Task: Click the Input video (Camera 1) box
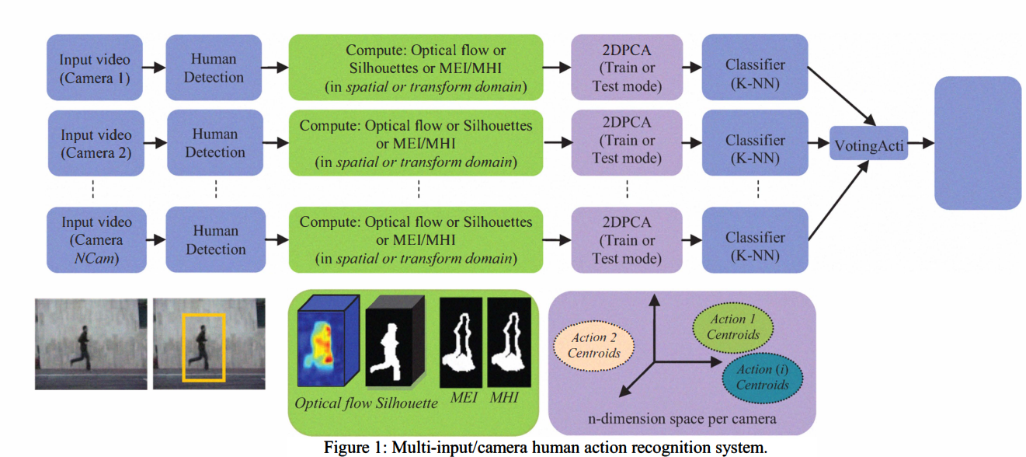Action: click(x=95, y=68)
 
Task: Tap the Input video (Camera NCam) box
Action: click(x=95, y=239)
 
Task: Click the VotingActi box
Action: click(x=868, y=144)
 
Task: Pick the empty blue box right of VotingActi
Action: click(x=977, y=143)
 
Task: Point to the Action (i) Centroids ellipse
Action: click(x=763, y=377)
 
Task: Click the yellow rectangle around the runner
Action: click(x=203, y=347)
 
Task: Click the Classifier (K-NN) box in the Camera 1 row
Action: click(x=755, y=68)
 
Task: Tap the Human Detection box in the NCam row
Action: click(x=215, y=239)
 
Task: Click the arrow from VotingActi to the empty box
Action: click(x=921, y=144)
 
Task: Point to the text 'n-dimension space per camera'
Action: click(x=682, y=419)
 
